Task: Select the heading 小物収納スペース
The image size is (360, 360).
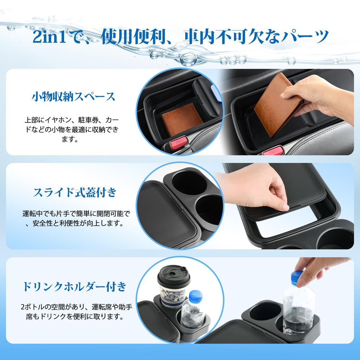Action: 73,96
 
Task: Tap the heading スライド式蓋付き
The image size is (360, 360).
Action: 75,193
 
